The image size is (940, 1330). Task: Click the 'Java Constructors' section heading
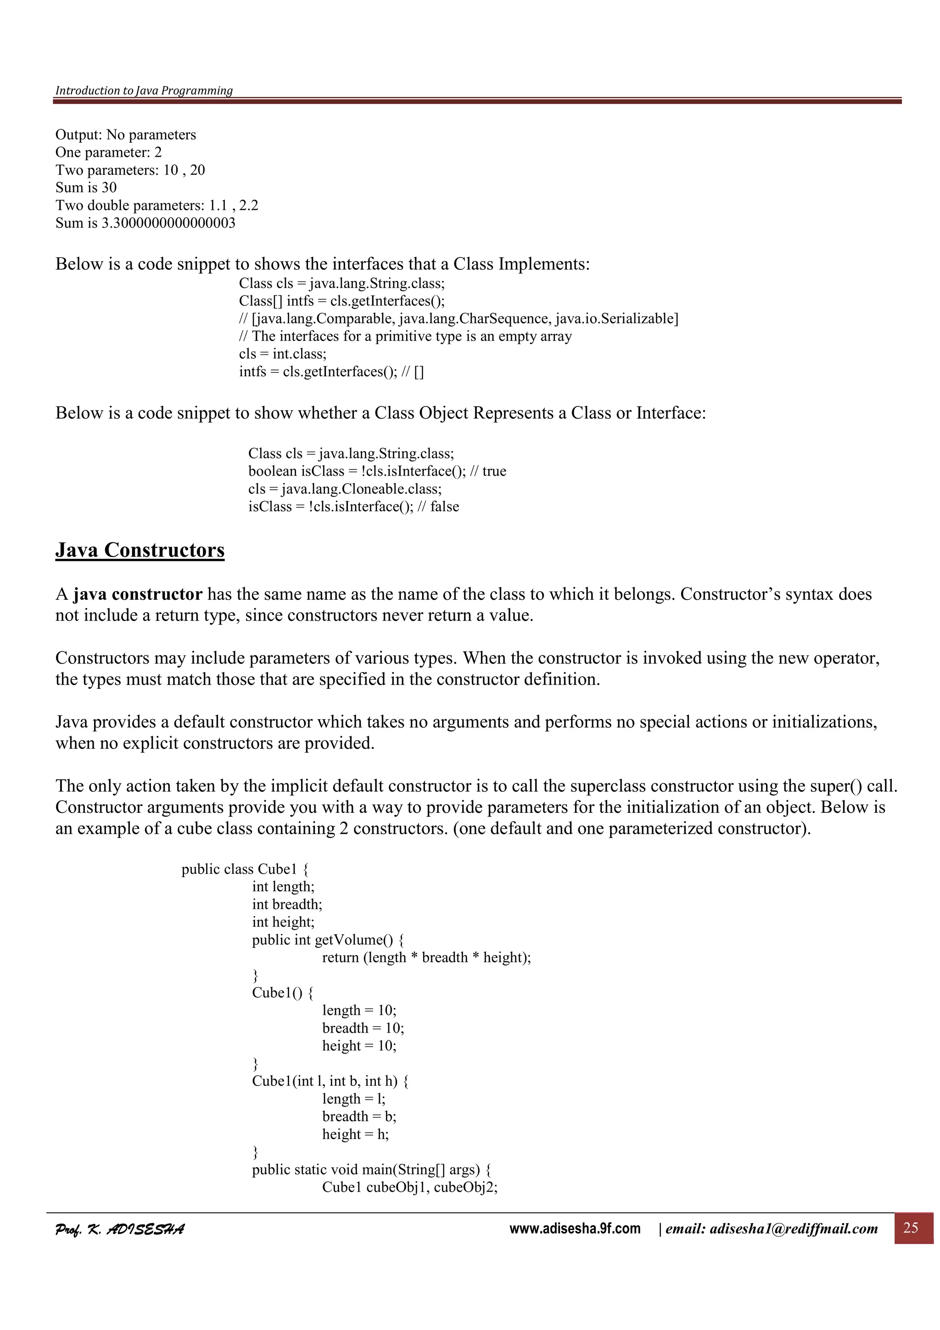point(140,550)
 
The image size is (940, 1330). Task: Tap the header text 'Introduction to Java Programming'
point(144,90)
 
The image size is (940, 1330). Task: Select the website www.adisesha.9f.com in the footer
point(575,1228)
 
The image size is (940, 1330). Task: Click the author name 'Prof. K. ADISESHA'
point(120,1229)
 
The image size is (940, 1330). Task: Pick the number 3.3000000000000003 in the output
point(168,223)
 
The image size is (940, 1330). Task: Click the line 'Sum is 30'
point(86,188)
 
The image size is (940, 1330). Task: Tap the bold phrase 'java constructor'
point(138,594)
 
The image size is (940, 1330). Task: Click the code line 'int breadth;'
point(287,904)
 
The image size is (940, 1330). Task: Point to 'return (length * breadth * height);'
point(426,957)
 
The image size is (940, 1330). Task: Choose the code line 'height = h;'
point(355,1134)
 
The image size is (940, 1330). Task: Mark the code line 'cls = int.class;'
point(283,354)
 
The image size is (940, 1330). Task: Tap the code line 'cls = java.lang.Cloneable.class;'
point(345,489)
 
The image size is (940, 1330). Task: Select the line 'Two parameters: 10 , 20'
point(130,170)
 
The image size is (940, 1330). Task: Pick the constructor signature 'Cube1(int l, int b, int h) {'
point(330,1081)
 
